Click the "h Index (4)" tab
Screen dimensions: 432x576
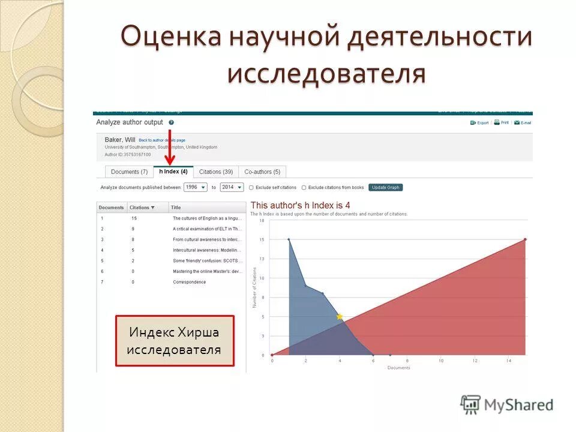[173, 172]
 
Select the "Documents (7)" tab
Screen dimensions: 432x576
[129, 172]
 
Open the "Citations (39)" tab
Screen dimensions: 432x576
[216, 172]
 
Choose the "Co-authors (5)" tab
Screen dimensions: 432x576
[262, 172]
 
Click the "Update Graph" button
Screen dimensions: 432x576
[385, 187]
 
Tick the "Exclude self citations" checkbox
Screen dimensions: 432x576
[251, 188]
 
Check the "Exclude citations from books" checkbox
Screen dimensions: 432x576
[304, 188]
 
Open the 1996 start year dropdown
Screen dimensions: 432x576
[195, 187]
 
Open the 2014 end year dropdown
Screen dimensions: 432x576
[232, 187]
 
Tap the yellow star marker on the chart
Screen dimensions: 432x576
[340, 316]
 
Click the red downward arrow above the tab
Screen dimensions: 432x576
[170, 148]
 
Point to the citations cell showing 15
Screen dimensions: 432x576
[134, 218]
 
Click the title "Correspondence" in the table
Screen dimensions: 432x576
[189, 282]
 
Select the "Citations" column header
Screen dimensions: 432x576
[142, 208]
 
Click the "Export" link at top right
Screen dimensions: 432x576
[479, 122]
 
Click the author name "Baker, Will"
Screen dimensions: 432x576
[120, 140]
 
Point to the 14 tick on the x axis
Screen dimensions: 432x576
[508, 361]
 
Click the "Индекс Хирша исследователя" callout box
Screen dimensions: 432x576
[175, 341]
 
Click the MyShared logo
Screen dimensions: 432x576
[507, 405]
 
